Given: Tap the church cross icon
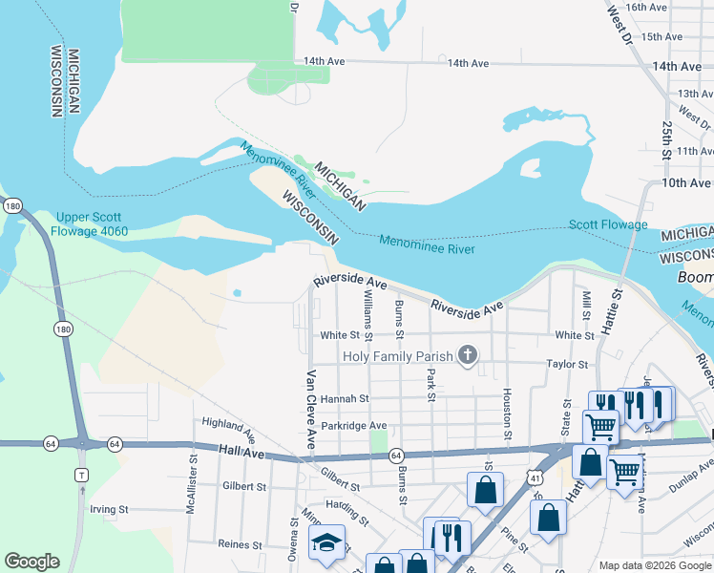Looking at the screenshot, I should coord(467,356).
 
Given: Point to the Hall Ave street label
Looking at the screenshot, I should coord(239,448).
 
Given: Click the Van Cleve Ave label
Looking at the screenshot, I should coord(310,411).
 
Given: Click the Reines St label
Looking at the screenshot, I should coord(240,544).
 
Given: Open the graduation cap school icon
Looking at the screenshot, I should coord(326,544).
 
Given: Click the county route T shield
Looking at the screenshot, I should coord(82,475).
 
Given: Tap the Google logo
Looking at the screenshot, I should coord(31,562).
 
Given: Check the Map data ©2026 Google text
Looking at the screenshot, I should coord(653,565).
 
